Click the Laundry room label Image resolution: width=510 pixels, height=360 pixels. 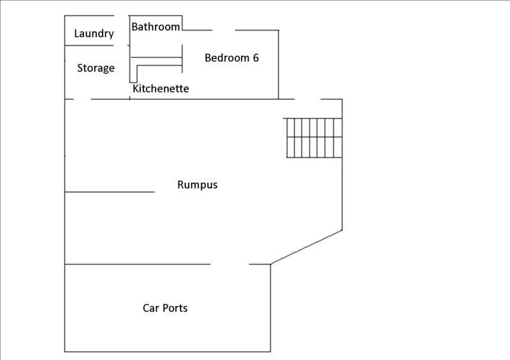click(x=94, y=34)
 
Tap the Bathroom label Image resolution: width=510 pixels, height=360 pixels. click(x=156, y=27)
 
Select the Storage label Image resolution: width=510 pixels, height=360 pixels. click(x=96, y=68)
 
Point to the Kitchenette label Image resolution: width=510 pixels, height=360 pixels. click(x=161, y=89)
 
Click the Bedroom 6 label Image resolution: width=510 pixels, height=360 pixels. click(x=231, y=58)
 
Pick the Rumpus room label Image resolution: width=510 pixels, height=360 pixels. click(x=197, y=185)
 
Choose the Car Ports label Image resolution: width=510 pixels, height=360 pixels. click(x=165, y=308)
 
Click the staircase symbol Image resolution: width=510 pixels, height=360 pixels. click(x=314, y=137)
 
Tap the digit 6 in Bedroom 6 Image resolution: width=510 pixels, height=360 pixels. click(x=255, y=58)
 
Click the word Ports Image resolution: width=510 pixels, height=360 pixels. click(x=174, y=308)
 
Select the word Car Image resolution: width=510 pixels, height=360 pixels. click(x=150, y=308)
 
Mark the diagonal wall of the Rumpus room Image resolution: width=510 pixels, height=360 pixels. click(x=307, y=247)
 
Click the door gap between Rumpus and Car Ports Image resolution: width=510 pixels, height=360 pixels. click(x=229, y=264)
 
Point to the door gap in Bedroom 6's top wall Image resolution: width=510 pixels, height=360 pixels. click(x=223, y=30)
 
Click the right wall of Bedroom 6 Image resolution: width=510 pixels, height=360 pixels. click(x=279, y=64)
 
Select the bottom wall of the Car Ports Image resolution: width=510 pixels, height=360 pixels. click(x=168, y=351)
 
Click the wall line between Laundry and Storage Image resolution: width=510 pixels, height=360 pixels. click(x=89, y=45)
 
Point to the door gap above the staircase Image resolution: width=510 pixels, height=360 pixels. click(x=307, y=99)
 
